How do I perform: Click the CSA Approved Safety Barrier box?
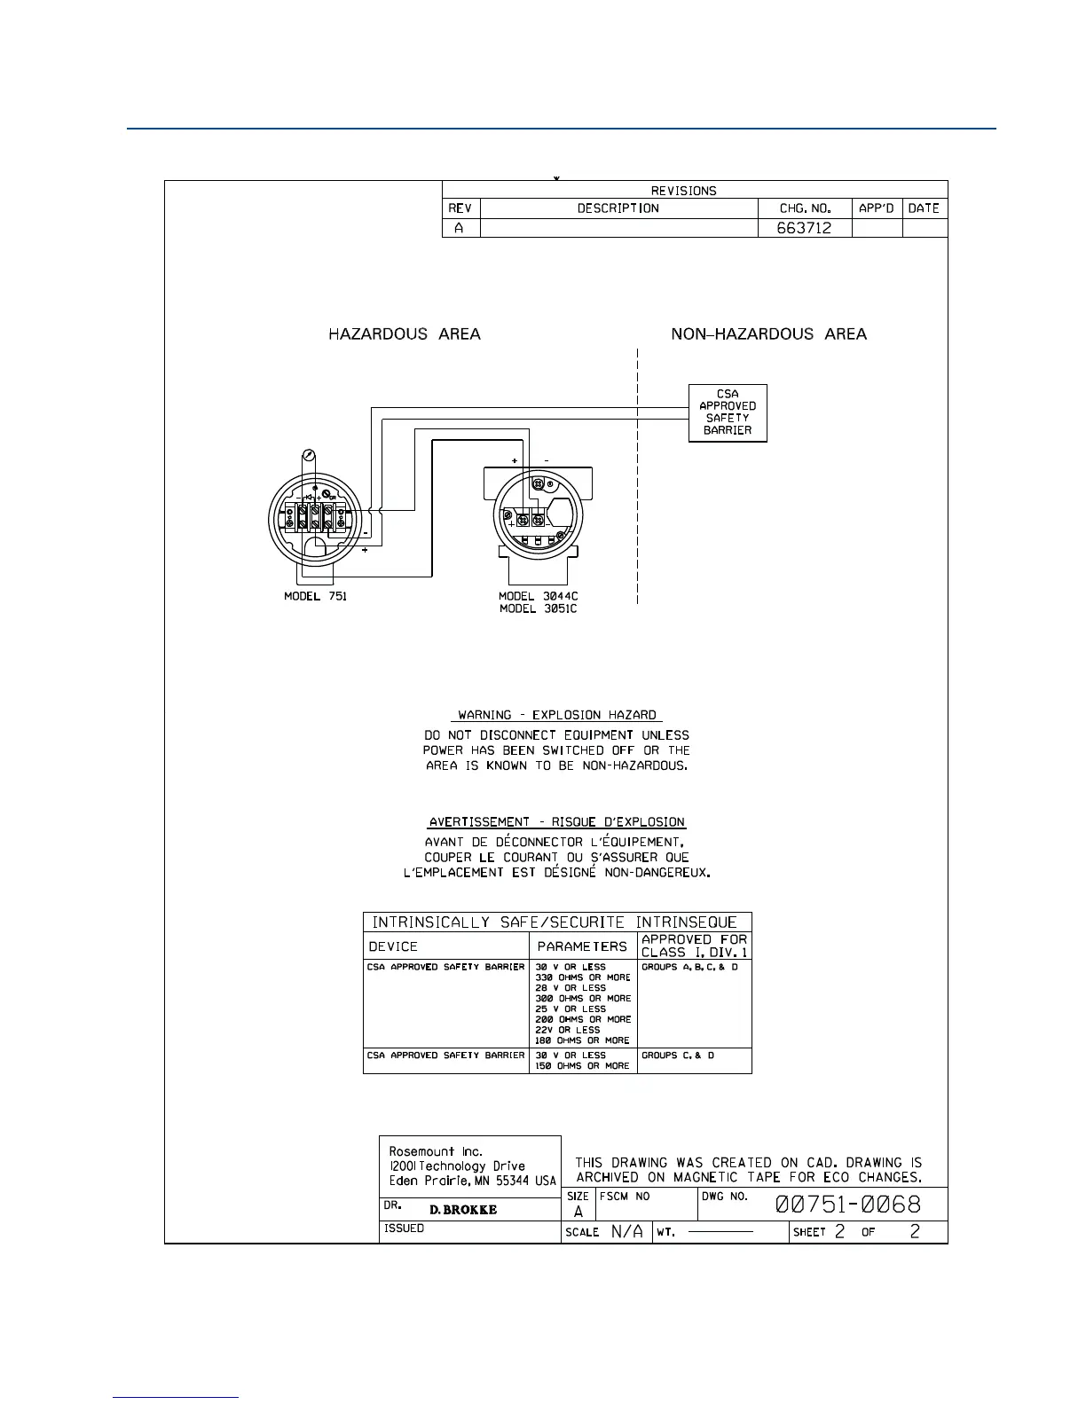[728, 412]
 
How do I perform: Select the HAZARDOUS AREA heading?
[405, 334]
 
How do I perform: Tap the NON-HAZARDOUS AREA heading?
[768, 334]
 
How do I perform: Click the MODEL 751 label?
[315, 596]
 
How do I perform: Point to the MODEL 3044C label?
[538, 596]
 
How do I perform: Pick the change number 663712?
[804, 228]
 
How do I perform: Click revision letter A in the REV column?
[460, 228]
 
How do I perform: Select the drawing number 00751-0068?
[847, 1204]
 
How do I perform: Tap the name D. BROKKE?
[463, 1210]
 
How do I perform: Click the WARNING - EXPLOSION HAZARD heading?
[557, 715]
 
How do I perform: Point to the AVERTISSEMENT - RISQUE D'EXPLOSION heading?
[557, 822]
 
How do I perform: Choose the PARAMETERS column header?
[582, 946]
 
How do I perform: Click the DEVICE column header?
[393, 946]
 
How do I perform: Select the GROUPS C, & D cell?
[678, 1056]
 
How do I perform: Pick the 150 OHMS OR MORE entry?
[582, 1066]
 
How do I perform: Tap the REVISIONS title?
[683, 191]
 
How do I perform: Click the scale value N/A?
[626, 1232]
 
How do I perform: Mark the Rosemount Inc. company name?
[436, 1151]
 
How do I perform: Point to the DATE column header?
[924, 208]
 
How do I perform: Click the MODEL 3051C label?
[538, 609]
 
